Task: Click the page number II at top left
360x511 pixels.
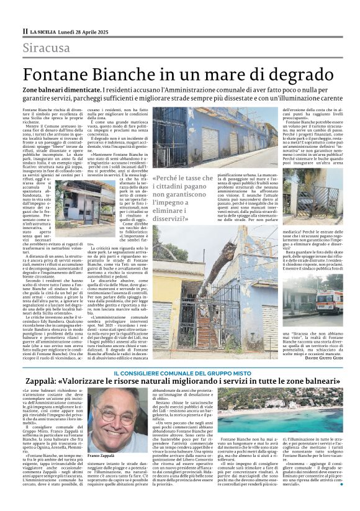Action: point(25,30)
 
